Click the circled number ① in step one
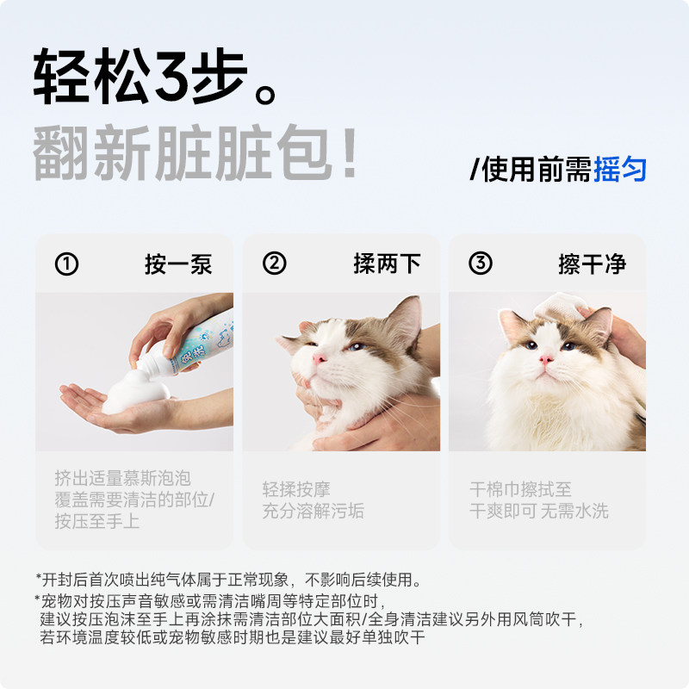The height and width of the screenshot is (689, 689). (66, 264)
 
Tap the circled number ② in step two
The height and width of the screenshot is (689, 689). (274, 264)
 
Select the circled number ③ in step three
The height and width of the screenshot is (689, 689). (480, 264)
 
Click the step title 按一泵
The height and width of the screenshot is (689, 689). (177, 264)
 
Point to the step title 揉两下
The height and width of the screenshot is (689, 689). (387, 264)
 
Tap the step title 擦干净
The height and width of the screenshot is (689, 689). (592, 264)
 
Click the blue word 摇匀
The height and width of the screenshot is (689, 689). (620, 169)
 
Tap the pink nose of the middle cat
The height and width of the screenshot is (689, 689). (320, 357)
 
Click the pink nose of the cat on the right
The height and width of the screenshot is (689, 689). (545, 359)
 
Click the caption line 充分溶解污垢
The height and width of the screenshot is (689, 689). (313, 511)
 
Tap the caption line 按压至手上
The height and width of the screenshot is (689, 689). (96, 520)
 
